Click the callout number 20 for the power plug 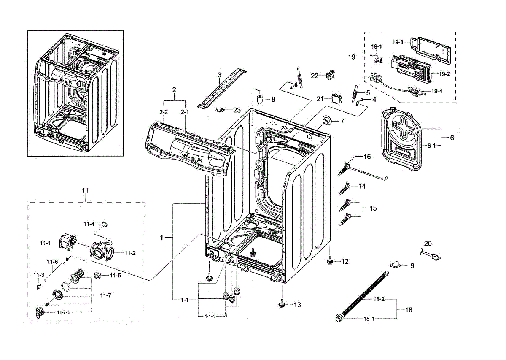click(428, 244)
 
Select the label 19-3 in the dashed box click(398, 42)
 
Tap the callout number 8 click(273, 100)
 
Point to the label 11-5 click(116, 275)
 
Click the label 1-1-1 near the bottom click(210, 316)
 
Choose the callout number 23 click(237, 110)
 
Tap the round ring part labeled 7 click(326, 121)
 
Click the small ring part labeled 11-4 click(105, 223)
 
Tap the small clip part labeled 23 click(220, 109)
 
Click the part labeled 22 click(329, 76)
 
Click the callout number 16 click(367, 157)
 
